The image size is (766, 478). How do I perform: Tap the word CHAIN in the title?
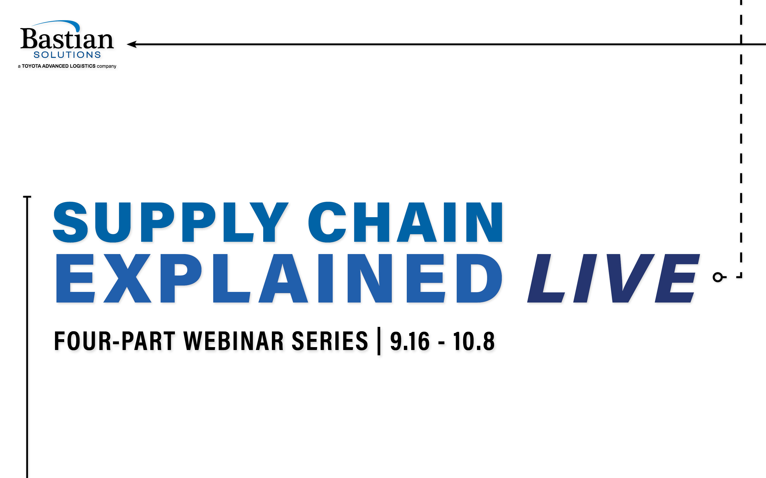point(405,222)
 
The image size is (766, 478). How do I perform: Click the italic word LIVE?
point(614,278)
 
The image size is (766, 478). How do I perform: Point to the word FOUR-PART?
point(115,341)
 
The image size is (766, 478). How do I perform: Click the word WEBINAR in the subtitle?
point(234,341)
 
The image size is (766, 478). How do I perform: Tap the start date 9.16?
point(410,341)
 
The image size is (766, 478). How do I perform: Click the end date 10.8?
point(474,341)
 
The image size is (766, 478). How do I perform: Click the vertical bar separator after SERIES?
point(379,341)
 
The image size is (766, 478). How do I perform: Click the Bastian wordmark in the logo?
point(67,39)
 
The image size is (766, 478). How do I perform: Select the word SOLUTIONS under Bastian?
point(67,55)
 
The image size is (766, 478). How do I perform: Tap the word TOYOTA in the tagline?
point(31,66)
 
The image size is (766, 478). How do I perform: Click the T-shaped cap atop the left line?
point(27,197)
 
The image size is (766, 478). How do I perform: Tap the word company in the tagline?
point(106,66)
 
